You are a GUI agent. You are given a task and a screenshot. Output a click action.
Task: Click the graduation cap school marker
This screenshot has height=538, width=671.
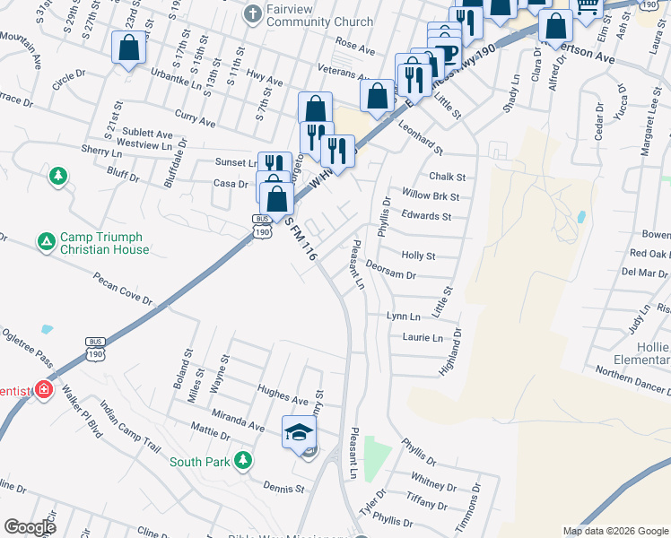[299, 433]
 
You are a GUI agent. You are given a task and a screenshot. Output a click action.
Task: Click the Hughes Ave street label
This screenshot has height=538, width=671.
[277, 391]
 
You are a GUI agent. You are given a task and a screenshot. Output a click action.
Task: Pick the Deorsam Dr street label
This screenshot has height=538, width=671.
[391, 275]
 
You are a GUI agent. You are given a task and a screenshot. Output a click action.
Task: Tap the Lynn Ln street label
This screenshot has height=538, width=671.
[403, 317]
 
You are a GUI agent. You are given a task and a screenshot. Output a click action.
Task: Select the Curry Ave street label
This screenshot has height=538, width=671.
[196, 120]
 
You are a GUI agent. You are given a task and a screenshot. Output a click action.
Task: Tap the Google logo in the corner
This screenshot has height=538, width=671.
[30, 527]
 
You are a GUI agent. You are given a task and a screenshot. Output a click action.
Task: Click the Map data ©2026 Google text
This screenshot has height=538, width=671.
[615, 531]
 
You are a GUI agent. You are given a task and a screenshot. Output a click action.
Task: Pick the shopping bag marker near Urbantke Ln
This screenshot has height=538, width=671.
[128, 48]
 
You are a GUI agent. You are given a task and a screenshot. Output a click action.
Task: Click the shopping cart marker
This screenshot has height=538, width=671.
[588, 6]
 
